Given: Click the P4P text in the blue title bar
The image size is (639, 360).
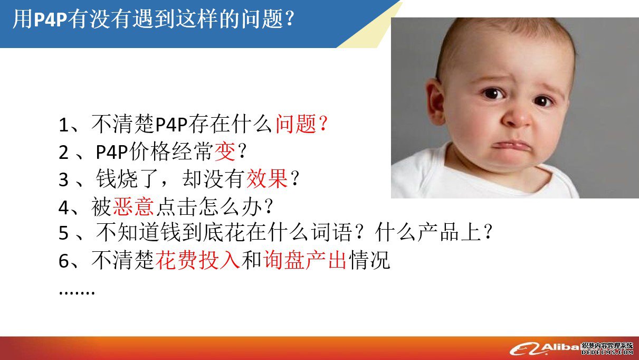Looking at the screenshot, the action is (x=51, y=20).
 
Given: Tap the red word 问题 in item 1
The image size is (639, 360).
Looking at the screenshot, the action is (x=296, y=124).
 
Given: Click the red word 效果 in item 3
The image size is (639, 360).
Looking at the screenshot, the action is (x=267, y=179).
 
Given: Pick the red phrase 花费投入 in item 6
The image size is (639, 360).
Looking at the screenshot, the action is (x=198, y=260).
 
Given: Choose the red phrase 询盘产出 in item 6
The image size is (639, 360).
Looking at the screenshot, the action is (x=304, y=260).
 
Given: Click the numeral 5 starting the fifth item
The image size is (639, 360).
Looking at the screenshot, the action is (x=63, y=233).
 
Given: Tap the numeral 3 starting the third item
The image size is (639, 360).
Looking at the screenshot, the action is (x=63, y=179).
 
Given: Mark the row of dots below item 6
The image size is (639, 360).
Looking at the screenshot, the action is (x=77, y=292).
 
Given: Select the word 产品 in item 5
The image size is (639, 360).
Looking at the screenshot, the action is (x=438, y=232).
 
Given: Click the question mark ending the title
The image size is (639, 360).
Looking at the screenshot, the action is (x=290, y=19).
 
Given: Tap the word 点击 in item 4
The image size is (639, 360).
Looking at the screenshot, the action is (x=176, y=206).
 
